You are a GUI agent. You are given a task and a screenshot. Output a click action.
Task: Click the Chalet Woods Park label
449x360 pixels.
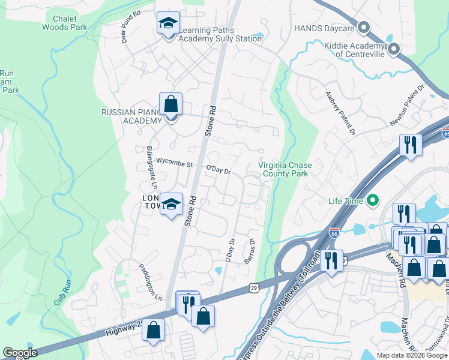pos(64,23)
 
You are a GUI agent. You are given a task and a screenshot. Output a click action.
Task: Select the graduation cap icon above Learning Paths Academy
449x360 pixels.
pos(168,24)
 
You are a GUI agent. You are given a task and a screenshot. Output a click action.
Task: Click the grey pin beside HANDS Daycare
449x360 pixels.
pos(364,28)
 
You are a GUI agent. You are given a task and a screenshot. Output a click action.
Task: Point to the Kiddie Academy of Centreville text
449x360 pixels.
pos(354,50)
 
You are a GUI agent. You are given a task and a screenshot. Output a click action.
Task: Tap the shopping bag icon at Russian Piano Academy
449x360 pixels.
pos(171,104)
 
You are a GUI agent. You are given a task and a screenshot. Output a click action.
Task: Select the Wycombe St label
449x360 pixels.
pos(173,162)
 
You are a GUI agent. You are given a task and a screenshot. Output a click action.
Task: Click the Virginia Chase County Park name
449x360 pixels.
pos(283,169)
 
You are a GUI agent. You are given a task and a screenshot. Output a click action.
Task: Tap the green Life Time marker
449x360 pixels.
pos(373,201)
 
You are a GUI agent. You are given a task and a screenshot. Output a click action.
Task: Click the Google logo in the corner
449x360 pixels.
pos(20,353)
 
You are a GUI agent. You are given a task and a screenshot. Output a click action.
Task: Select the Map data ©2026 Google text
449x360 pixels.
pos(411,355)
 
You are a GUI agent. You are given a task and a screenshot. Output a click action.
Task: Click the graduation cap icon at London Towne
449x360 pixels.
pos(171,205)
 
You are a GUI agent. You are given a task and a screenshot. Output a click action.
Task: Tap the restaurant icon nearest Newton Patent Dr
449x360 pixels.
pos(411,145)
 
